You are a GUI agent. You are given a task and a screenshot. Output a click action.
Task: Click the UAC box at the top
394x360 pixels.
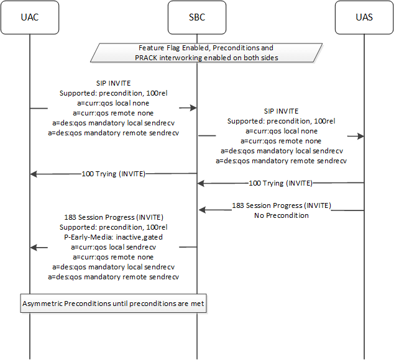[x=29, y=17]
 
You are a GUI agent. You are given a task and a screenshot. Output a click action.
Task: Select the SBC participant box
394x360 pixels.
[x=197, y=17]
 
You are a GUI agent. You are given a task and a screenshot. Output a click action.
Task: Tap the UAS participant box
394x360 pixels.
[x=364, y=17]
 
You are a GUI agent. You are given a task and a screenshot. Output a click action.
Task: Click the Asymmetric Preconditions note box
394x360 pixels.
[x=114, y=304]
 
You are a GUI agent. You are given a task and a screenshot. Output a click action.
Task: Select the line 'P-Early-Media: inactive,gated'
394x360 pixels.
[x=113, y=236]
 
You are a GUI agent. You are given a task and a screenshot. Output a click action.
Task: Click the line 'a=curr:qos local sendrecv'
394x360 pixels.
[x=113, y=246]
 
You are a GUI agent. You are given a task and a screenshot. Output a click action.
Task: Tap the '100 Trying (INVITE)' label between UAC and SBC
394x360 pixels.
[x=113, y=174]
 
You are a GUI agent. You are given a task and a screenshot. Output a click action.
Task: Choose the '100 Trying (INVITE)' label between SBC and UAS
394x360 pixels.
[x=281, y=183]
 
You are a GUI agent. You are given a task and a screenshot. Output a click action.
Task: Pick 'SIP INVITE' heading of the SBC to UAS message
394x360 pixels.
[x=281, y=112]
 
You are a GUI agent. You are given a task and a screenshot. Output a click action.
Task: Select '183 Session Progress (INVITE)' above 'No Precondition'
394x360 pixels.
[x=281, y=205]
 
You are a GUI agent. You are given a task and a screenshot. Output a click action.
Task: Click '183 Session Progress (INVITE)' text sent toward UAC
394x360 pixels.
[x=113, y=217]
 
